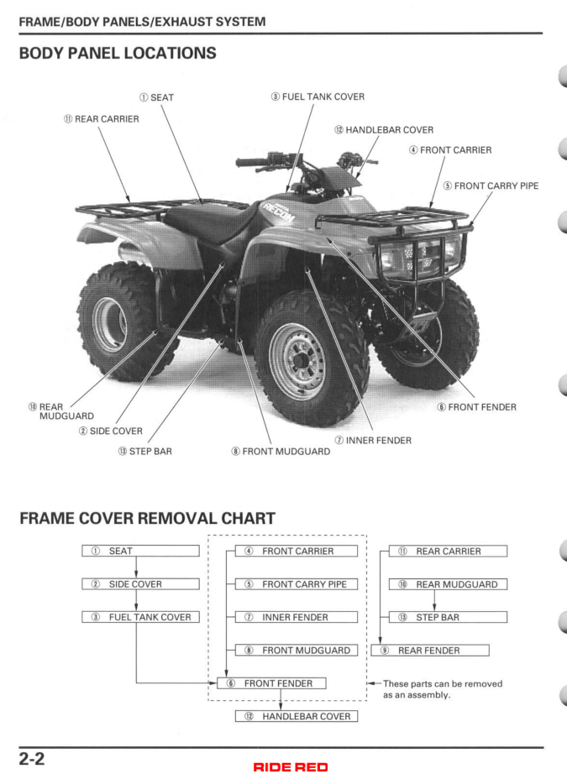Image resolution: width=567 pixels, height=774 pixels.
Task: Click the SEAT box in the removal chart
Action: coord(140,552)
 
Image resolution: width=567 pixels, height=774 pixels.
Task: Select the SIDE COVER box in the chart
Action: coord(140,584)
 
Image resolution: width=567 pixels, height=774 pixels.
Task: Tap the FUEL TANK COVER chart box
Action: coord(140,617)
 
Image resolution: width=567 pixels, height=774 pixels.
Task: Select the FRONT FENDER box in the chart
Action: coord(271,683)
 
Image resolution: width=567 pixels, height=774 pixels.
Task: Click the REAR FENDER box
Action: coord(430,650)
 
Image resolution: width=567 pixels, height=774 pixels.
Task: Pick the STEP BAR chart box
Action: coord(448,617)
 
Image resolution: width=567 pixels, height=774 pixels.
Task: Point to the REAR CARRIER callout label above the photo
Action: coord(102,119)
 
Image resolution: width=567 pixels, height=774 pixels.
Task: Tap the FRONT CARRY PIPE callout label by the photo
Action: coord(491,186)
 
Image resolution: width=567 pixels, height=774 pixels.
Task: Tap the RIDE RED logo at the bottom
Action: coord(282,766)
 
